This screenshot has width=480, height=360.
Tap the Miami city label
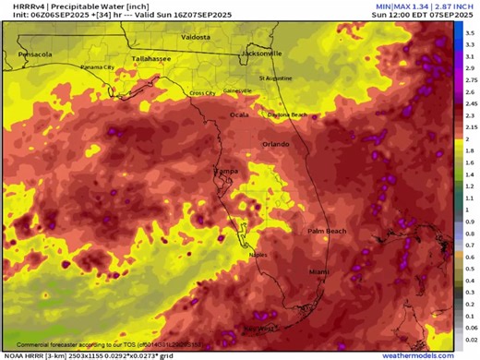pyautogui.click(x=318, y=271)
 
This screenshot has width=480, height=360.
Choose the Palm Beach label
pyautogui.click(x=326, y=230)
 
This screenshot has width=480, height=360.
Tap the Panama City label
pyautogui.click(x=97, y=67)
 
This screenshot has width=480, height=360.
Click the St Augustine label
pyautogui.click(x=274, y=78)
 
